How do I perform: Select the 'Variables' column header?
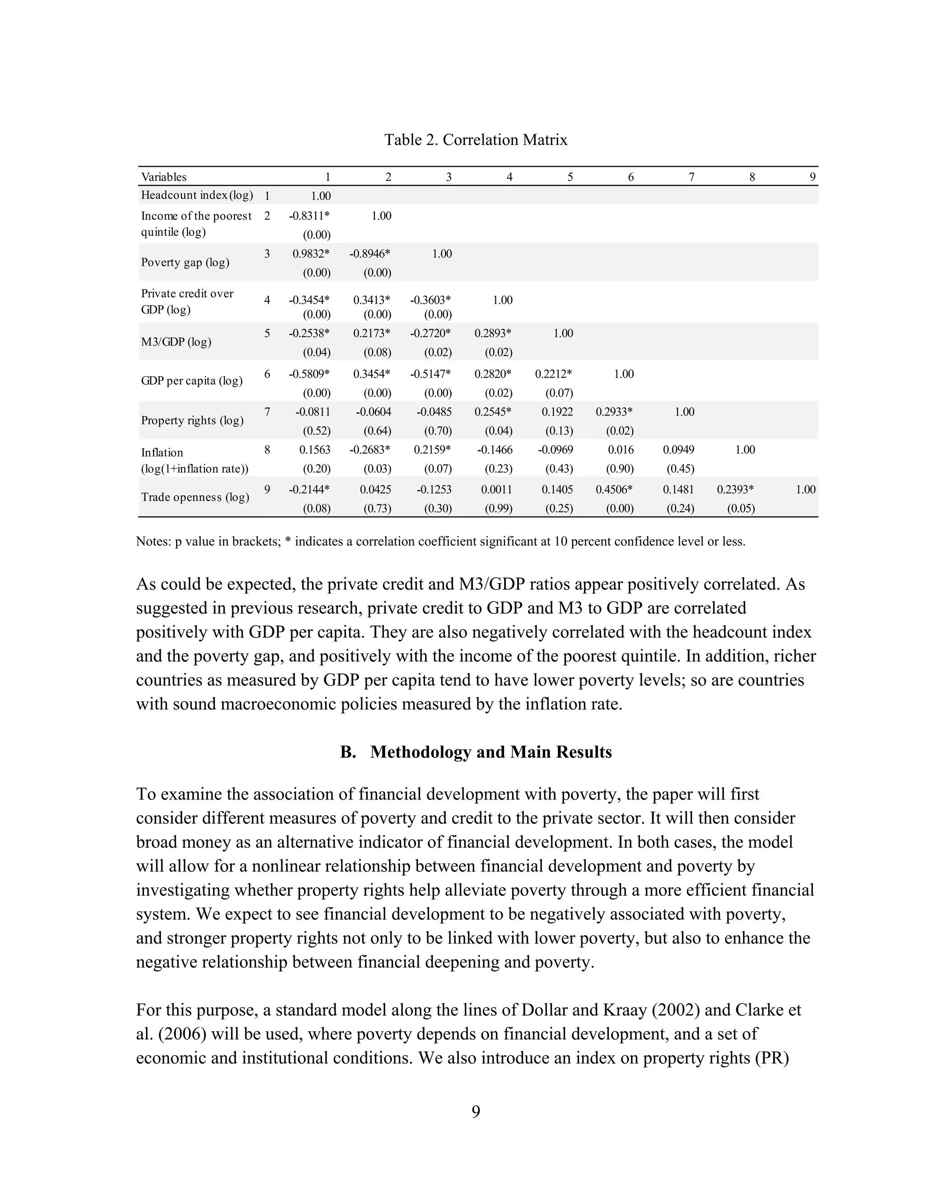tap(164, 177)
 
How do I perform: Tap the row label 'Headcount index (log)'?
tap(197, 195)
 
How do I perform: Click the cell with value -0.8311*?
tap(309, 216)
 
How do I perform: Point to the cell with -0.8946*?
tap(370, 254)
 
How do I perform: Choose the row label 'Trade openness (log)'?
tap(195, 497)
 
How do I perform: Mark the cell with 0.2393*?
tap(735, 490)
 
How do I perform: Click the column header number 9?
tap(812, 177)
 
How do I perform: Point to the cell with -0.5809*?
tap(309, 374)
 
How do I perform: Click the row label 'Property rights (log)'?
tap(192, 421)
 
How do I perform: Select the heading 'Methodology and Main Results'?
tap(491, 752)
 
